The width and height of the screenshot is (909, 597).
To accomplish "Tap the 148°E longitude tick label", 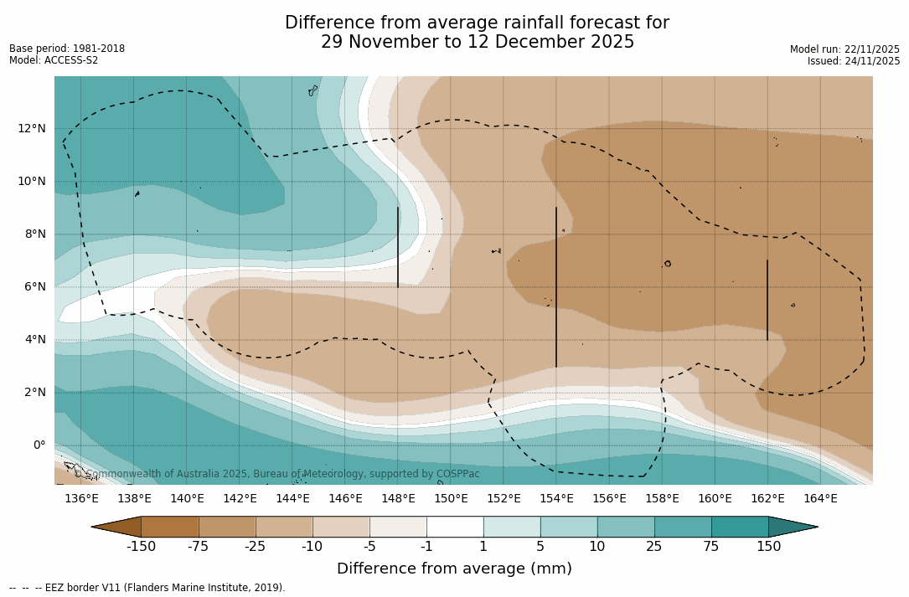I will (398, 498).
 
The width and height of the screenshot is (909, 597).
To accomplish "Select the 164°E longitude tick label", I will (820, 498).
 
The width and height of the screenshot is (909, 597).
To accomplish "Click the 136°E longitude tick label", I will (81, 498).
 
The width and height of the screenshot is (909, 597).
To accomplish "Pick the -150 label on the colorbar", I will (141, 547).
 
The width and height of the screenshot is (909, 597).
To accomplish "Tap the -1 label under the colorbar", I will (426, 547).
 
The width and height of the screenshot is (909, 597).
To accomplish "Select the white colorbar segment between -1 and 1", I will (455, 527).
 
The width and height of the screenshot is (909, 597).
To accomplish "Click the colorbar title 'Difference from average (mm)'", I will (454, 569).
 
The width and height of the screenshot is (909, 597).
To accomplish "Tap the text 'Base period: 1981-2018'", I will (67, 49).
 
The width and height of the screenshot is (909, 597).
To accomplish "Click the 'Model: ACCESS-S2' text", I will (54, 60).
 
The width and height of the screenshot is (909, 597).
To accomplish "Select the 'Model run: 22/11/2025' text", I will (844, 49).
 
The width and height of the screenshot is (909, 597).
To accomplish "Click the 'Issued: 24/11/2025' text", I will (854, 61).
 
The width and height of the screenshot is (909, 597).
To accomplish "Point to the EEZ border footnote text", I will (147, 588).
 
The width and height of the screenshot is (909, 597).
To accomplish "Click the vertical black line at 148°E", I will (398, 247).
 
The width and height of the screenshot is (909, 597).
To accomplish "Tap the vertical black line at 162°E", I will (767, 300).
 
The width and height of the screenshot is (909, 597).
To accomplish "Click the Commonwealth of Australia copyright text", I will (276, 474).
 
